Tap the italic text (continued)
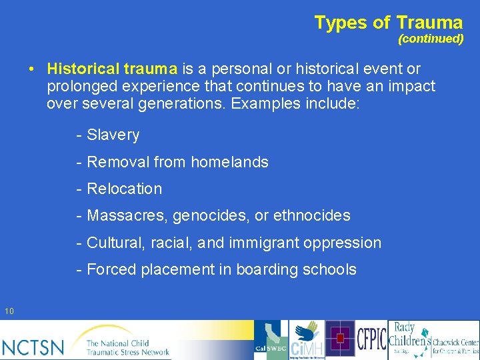[x=430, y=39]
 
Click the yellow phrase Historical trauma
[x=112, y=69]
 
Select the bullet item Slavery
[x=113, y=135]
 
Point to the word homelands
[x=229, y=162]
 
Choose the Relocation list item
[x=124, y=189]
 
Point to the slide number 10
[x=9, y=311]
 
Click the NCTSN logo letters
[x=33, y=346]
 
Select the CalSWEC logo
[x=271, y=340]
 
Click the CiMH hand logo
[x=307, y=340]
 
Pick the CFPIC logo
[x=371, y=340]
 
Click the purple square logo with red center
[x=340, y=339]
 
